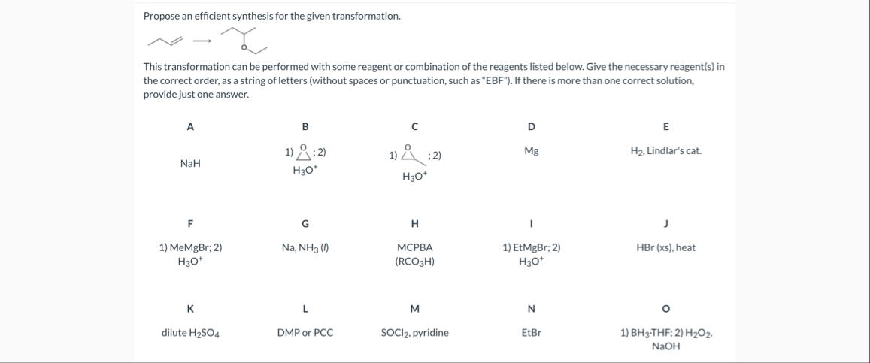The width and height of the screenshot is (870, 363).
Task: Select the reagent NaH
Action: pos(190,163)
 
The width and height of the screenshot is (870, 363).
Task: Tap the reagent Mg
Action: pos(531,150)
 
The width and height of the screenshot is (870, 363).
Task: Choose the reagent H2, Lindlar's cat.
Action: pos(665,150)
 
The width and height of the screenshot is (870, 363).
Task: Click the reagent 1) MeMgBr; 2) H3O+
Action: pos(190,254)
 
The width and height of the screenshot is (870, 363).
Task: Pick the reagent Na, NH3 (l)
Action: pos(305,247)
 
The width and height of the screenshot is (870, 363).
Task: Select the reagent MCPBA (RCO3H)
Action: pos(414,254)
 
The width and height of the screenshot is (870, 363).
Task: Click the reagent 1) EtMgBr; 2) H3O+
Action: pos(531,254)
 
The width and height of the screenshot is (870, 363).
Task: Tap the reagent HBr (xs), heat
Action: pos(665,247)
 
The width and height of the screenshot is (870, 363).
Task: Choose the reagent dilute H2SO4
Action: pos(190,332)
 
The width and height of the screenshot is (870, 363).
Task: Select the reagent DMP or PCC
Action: pos(305,332)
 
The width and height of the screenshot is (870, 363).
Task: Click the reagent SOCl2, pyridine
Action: pos(414,332)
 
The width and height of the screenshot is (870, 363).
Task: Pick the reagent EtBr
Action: pos(531,332)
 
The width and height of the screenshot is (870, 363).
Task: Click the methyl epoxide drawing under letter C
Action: pos(411,154)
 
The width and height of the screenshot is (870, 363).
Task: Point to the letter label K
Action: pos(190,308)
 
